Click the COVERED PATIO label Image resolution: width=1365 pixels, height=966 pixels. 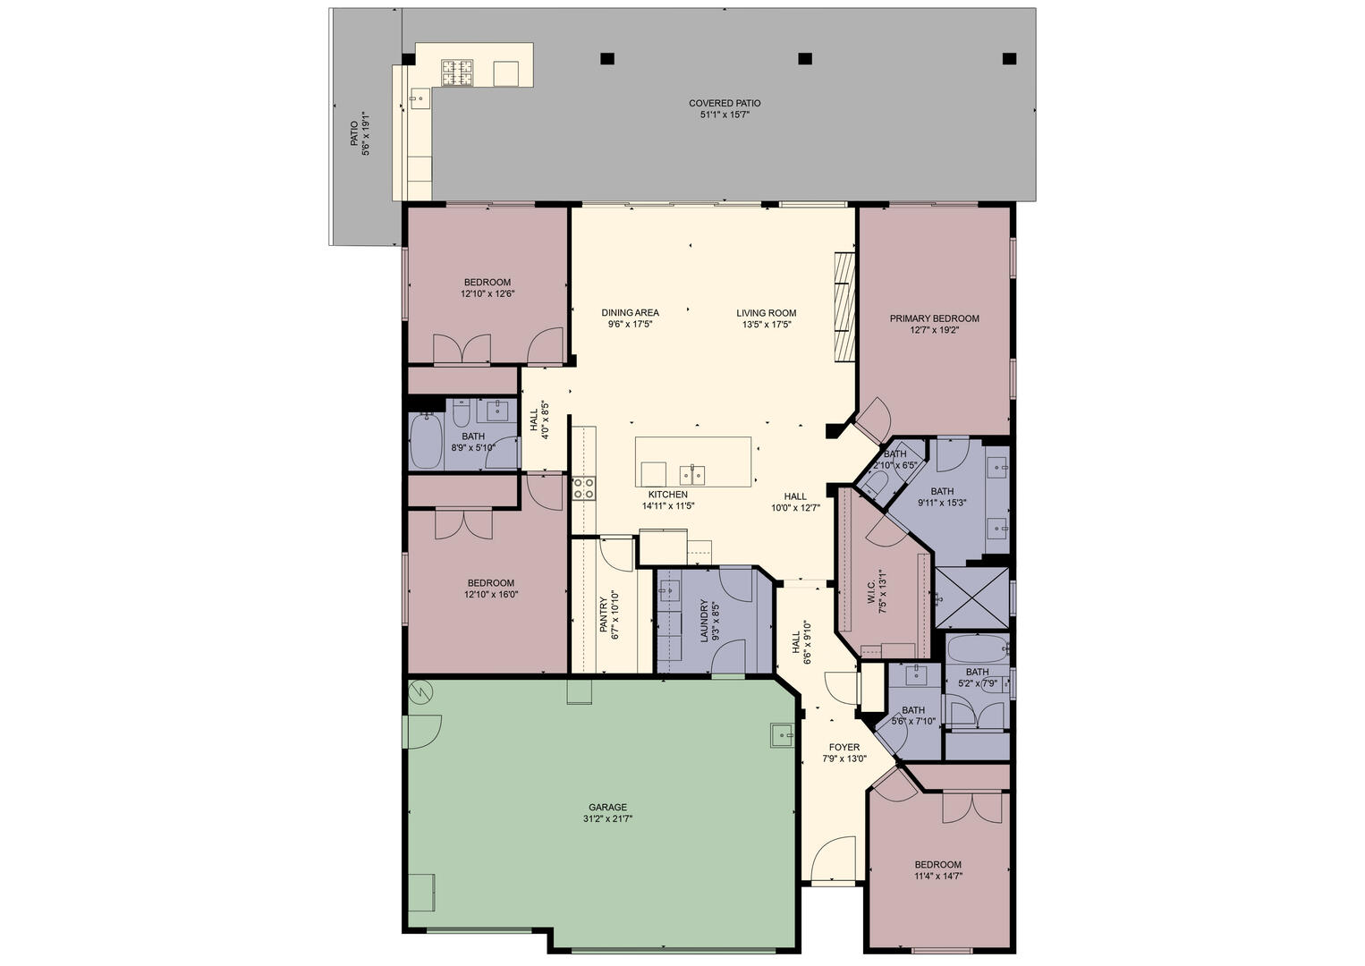[x=725, y=104]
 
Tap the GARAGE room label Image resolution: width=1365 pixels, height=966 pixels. [x=607, y=808]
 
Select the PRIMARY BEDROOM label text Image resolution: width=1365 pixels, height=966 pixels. [x=934, y=318]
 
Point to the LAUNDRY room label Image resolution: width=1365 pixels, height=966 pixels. [x=705, y=621]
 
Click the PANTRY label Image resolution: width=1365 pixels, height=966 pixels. [x=603, y=614]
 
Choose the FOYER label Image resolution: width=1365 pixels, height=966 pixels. [x=844, y=747]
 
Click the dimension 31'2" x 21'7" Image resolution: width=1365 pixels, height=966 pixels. [x=607, y=819]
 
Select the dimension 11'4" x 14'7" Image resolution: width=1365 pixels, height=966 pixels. [x=937, y=876]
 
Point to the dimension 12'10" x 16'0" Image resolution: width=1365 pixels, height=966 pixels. [x=490, y=594]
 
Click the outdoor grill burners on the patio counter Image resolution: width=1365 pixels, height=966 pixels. [x=457, y=72]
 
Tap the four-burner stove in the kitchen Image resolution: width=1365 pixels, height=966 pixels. [x=583, y=488]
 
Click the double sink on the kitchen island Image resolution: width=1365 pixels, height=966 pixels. [x=693, y=474]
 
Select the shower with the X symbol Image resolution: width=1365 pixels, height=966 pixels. [x=972, y=597]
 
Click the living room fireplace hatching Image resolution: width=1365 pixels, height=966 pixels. [x=844, y=307]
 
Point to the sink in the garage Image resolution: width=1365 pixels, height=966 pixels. [x=782, y=735]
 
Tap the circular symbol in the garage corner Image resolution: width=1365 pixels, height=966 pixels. [x=420, y=691]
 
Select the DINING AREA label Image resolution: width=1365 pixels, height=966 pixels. [x=630, y=313]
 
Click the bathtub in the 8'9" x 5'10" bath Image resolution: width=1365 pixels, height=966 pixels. [x=426, y=441]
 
